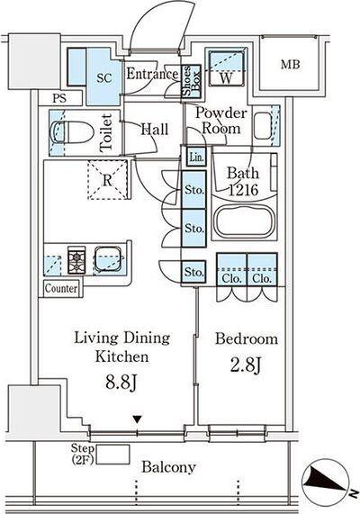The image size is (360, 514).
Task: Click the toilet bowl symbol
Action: [x=72, y=132]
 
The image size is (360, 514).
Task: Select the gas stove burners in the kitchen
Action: [x=76, y=259]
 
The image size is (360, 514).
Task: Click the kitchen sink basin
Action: [x=107, y=259]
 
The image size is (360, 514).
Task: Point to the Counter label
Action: [x=61, y=288]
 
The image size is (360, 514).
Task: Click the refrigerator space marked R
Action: [x=107, y=180]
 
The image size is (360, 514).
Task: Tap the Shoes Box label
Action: [x=191, y=81]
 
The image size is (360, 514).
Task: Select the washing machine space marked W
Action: [x=226, y=68]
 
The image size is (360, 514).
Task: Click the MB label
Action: [x=290, y=64]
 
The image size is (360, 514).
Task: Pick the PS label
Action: [x=59, y=98]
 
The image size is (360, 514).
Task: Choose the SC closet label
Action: [x=104, y=78]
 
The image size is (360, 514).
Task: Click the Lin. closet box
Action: [x=196, y=157]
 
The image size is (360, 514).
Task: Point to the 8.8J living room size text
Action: [x=121, y=382]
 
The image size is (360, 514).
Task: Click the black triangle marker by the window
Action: [x=137, y=419]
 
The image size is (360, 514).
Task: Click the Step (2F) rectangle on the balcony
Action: [x=112, y=455]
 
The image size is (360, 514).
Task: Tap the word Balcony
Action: [x=169, y=467]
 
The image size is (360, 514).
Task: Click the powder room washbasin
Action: [x=263, y=125]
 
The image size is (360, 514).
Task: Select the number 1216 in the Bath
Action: [x=244, y=189]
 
